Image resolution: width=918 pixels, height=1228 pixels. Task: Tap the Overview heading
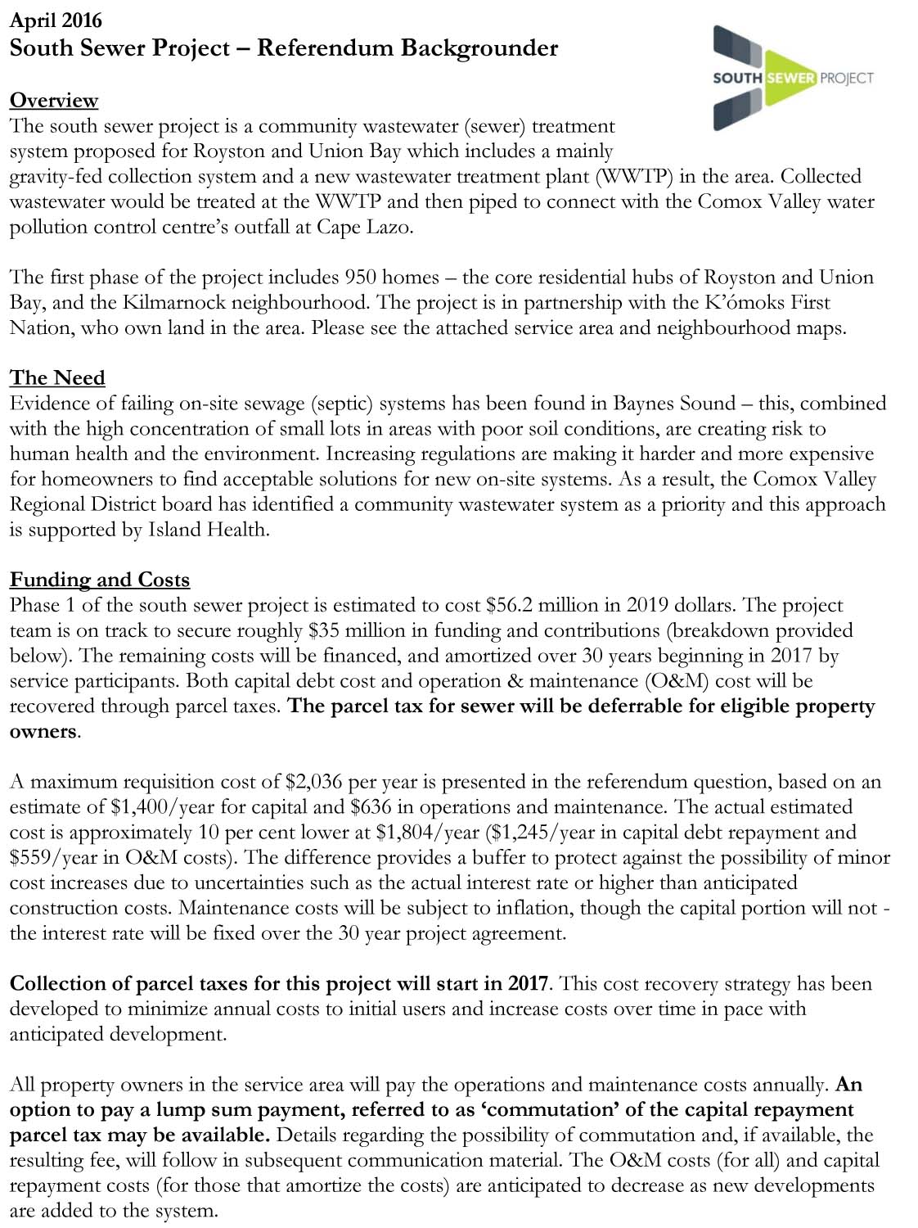pyautogui.click(x=54, y=100)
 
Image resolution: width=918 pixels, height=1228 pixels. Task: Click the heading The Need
pyautogui.click(x=57, y=377)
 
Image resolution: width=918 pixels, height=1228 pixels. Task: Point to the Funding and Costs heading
pyautogui.click(x=100, y=580)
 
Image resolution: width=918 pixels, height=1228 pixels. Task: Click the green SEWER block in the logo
pyautogui.click(x=790, y=78)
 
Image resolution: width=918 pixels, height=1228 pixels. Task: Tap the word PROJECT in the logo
pyautogui.click(x=847, y=78)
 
